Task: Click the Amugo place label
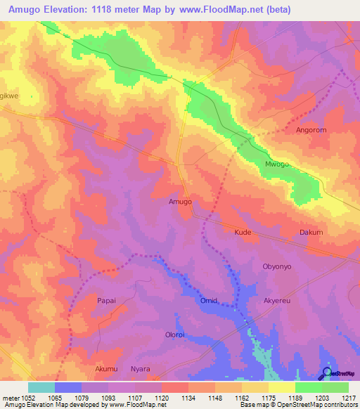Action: (x=180, y=201)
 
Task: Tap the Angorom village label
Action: (x=311, y=130)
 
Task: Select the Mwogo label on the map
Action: (x=276, y=164)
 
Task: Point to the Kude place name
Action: (x=243, y=232)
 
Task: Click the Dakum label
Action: (x=311, y=232)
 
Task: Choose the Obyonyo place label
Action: (x=276, y=266)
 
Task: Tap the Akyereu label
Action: (x=276, y=300)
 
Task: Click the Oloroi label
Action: (x=174, y=335)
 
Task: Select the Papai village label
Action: (x=105, y=300)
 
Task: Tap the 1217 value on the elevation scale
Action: (x=349, y=398)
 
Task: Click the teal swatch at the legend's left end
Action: (x=41, y=387)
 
